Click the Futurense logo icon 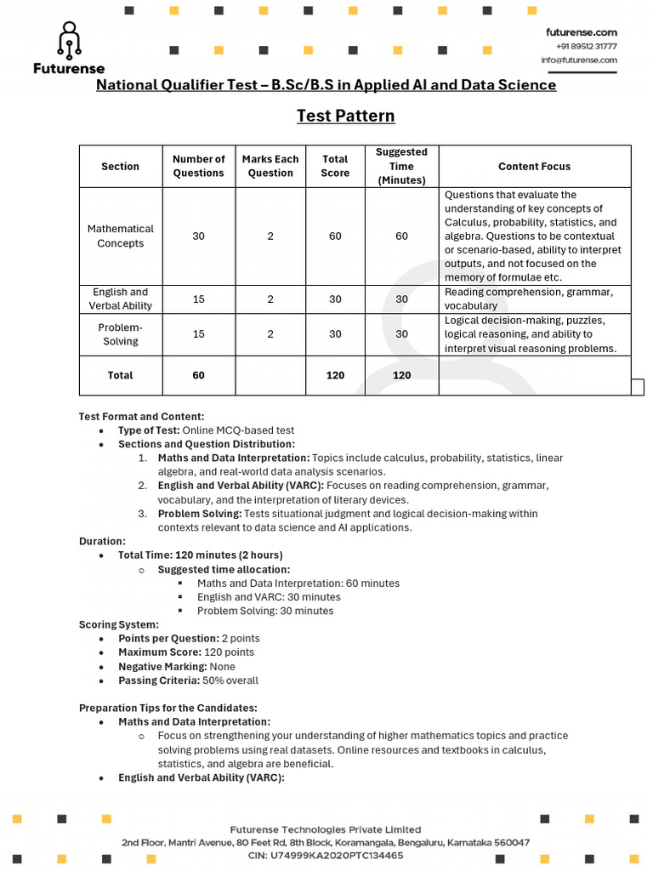pos(69,41)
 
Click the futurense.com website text pos(581,32)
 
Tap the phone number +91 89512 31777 pos(586,46)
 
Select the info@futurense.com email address pos(579,60)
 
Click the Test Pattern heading pos(345,116)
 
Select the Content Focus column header pos(534,167)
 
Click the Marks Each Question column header pos(270,166)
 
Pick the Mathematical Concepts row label pos(121,236)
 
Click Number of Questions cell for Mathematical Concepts pos(198,236)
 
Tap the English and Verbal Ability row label pos(121,299)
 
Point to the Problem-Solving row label pos(121,334)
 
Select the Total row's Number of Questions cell pos(198,375)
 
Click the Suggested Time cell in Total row pos(401,375)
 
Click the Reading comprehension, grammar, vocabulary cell pos(534,299)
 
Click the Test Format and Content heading pos(141,417)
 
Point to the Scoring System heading pos(119,624)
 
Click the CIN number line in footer pos(326,856)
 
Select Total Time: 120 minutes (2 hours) pos(200,555)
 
